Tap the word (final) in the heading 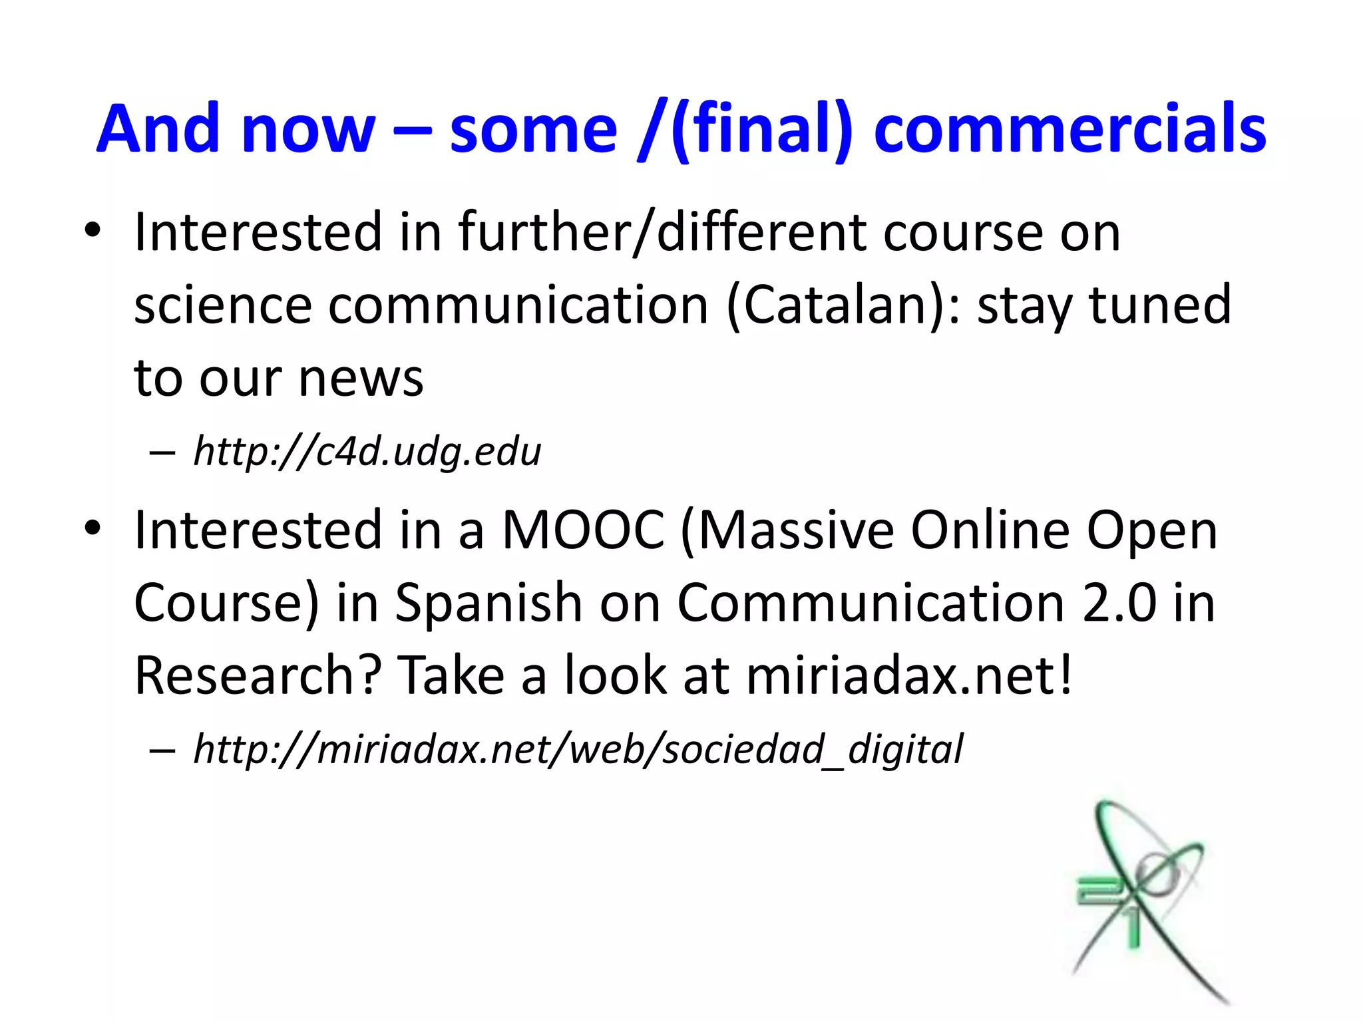(x=761, y=130)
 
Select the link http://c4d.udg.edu (x=367, y=452)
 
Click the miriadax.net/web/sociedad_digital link (x=578, y=749)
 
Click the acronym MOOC (x=582, y=530)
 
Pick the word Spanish (x=488, y=603)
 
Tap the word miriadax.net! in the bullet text (x=909, y=675)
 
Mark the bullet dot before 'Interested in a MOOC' (x=93, y=528)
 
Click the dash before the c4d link (x=162, y=453)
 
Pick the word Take (x=451, y=675)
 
